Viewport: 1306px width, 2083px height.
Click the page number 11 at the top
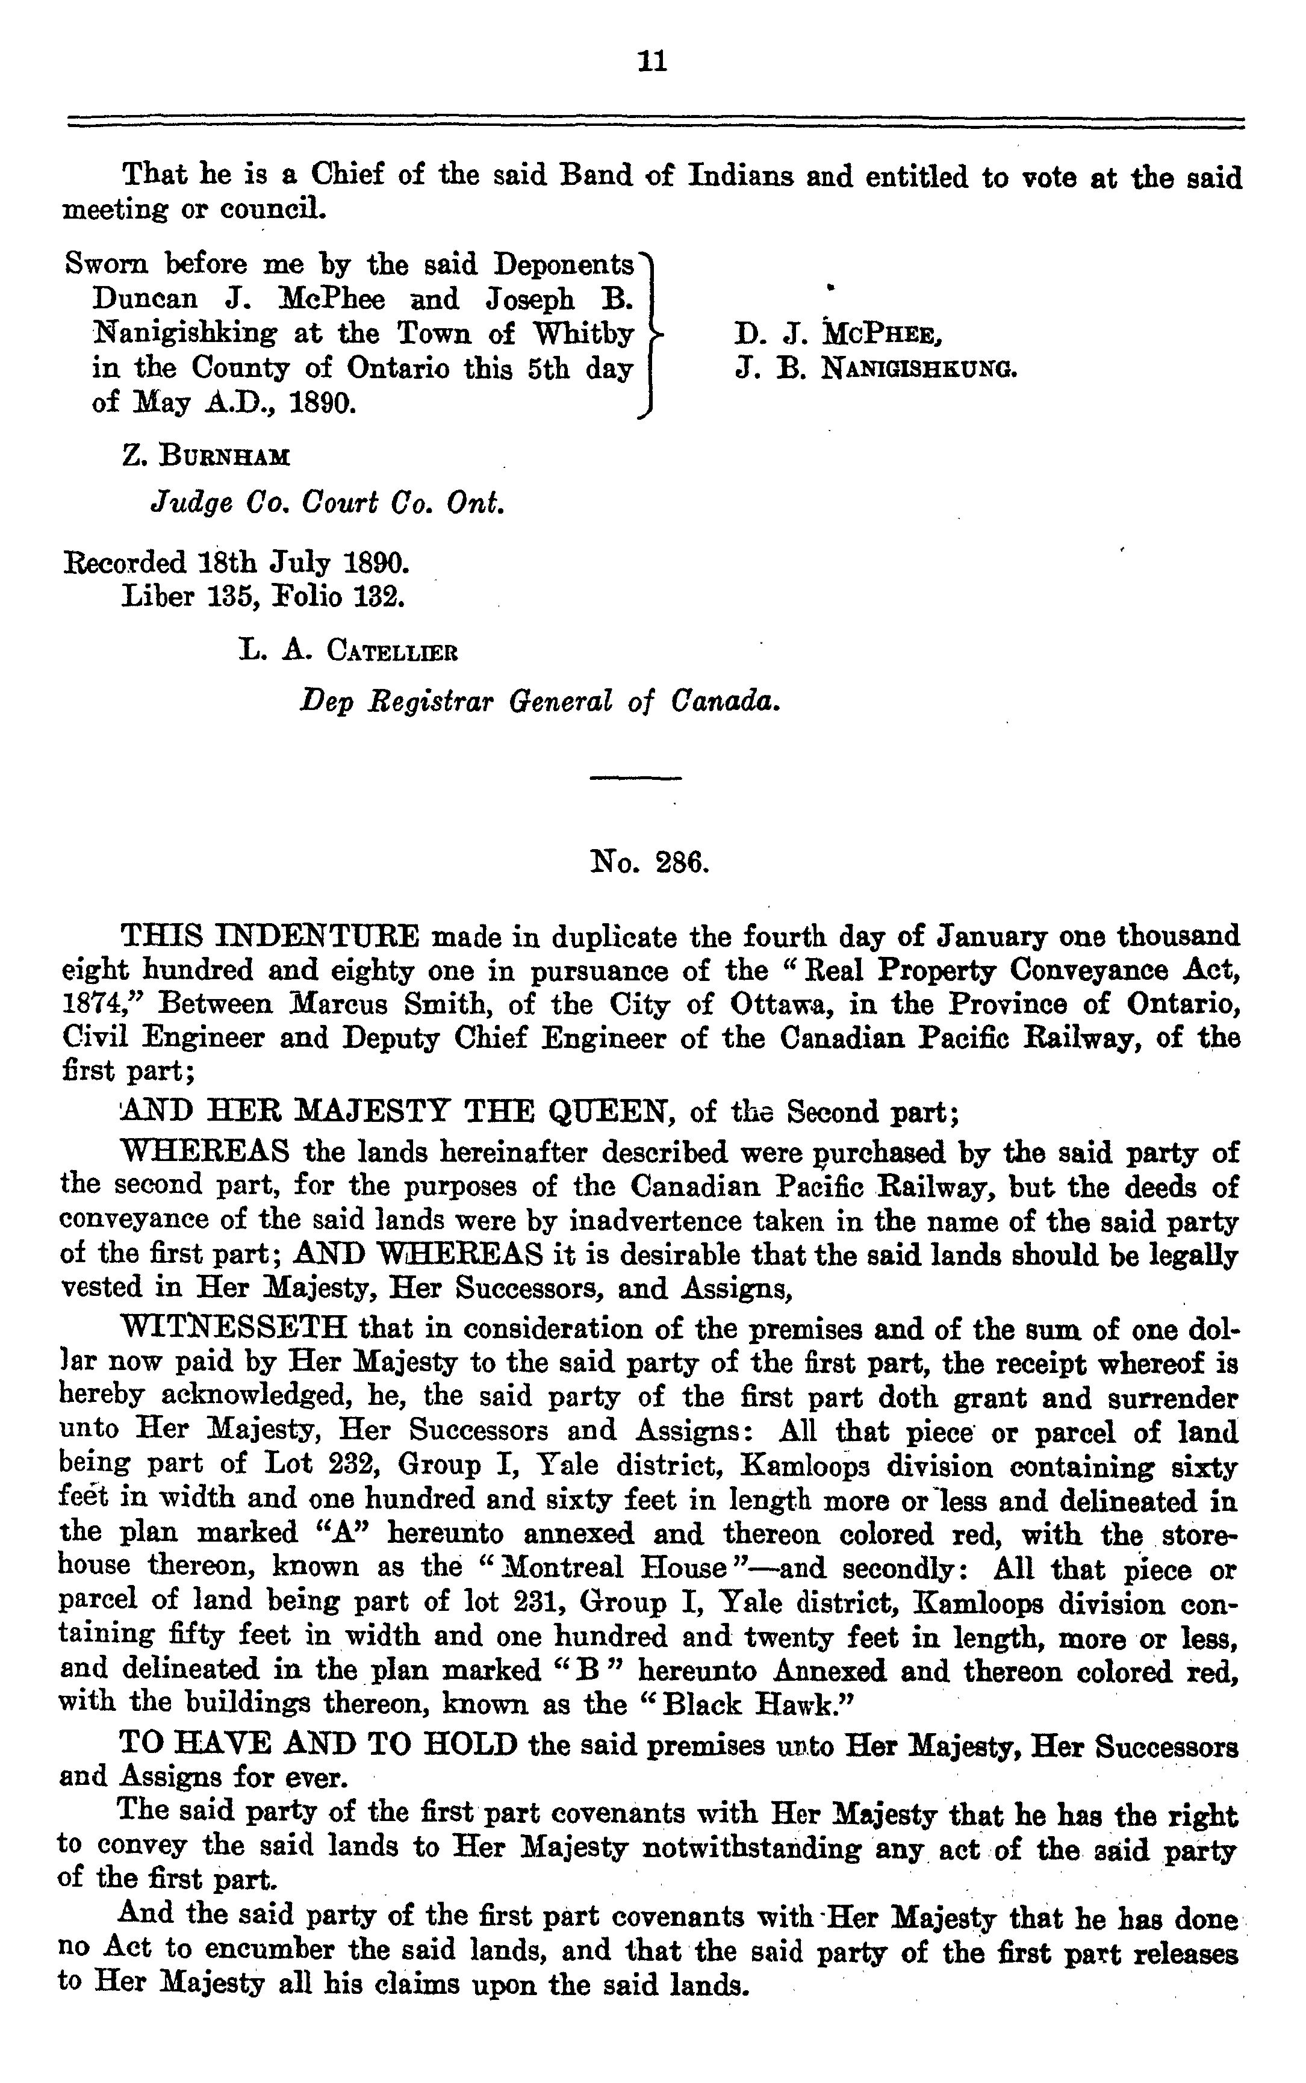(x=651, y=62)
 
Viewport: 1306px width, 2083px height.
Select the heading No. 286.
(x=650, y=862)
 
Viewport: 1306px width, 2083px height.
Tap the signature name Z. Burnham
(x=207, y=456)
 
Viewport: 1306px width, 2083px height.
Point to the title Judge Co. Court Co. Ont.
(x=328, y=503)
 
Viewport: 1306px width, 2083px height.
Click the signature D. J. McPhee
(x=837, y=334)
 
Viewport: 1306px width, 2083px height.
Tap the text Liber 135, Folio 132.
(x=264, y=597)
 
